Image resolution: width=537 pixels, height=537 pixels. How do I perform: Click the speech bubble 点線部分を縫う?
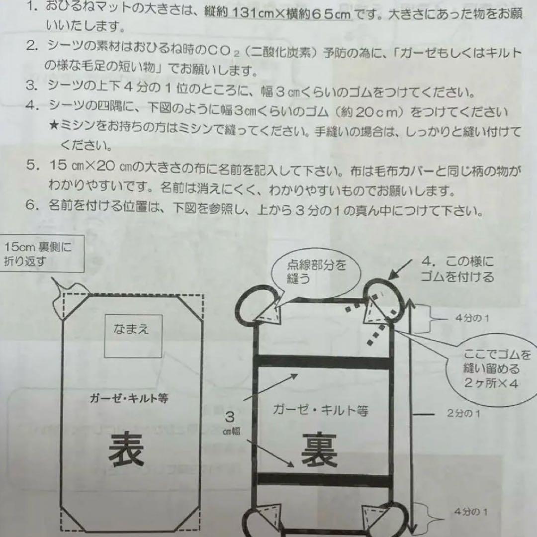tap(309, 271)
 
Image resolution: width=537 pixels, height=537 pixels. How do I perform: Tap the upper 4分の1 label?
tap(471, 318)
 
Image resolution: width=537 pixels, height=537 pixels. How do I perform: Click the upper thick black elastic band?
tap(324, 362)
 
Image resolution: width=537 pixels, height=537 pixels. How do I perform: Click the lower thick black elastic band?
tap(324, 480)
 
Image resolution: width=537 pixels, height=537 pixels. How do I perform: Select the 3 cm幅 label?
tap(230, 423)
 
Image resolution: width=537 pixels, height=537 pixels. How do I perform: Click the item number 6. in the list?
tap(33, 210)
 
